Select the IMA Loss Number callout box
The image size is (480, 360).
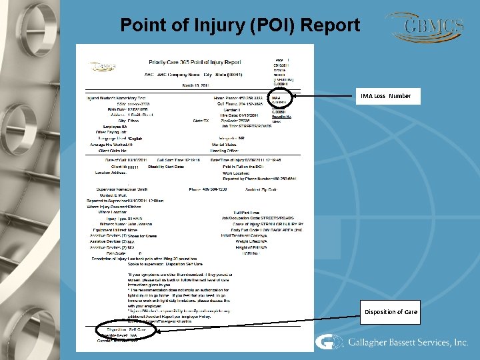point(386,97)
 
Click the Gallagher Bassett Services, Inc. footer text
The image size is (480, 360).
point(407,343)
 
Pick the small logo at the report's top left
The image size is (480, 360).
point(103,67)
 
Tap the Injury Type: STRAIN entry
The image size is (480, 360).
point(122,217)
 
